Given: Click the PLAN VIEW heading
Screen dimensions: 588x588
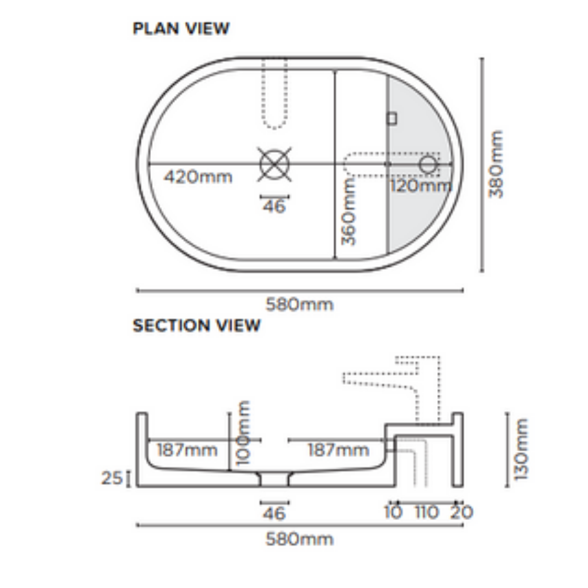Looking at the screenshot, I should (x=181, y=29).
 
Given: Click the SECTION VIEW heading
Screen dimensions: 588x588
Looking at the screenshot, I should (x=197, y=325).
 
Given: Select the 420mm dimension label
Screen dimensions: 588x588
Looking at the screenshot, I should (x=197, y=176).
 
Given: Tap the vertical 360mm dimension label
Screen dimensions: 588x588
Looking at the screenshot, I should (x=350, y=212).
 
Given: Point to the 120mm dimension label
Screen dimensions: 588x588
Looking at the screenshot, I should (x=420, y=186).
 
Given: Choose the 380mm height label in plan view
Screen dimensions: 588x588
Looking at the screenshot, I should (x=497, y=164).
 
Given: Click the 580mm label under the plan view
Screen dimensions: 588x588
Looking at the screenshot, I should (x=299, y=304).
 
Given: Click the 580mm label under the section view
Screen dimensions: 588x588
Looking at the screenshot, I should (x=299, y=539).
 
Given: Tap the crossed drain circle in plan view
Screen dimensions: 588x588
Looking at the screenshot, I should (x=274, y=163).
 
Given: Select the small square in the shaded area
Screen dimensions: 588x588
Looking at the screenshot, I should (x=392, y=118).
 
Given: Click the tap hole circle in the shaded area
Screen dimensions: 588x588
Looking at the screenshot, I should (x=428, y=163).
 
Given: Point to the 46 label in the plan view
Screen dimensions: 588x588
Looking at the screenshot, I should (x=274, y=207).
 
